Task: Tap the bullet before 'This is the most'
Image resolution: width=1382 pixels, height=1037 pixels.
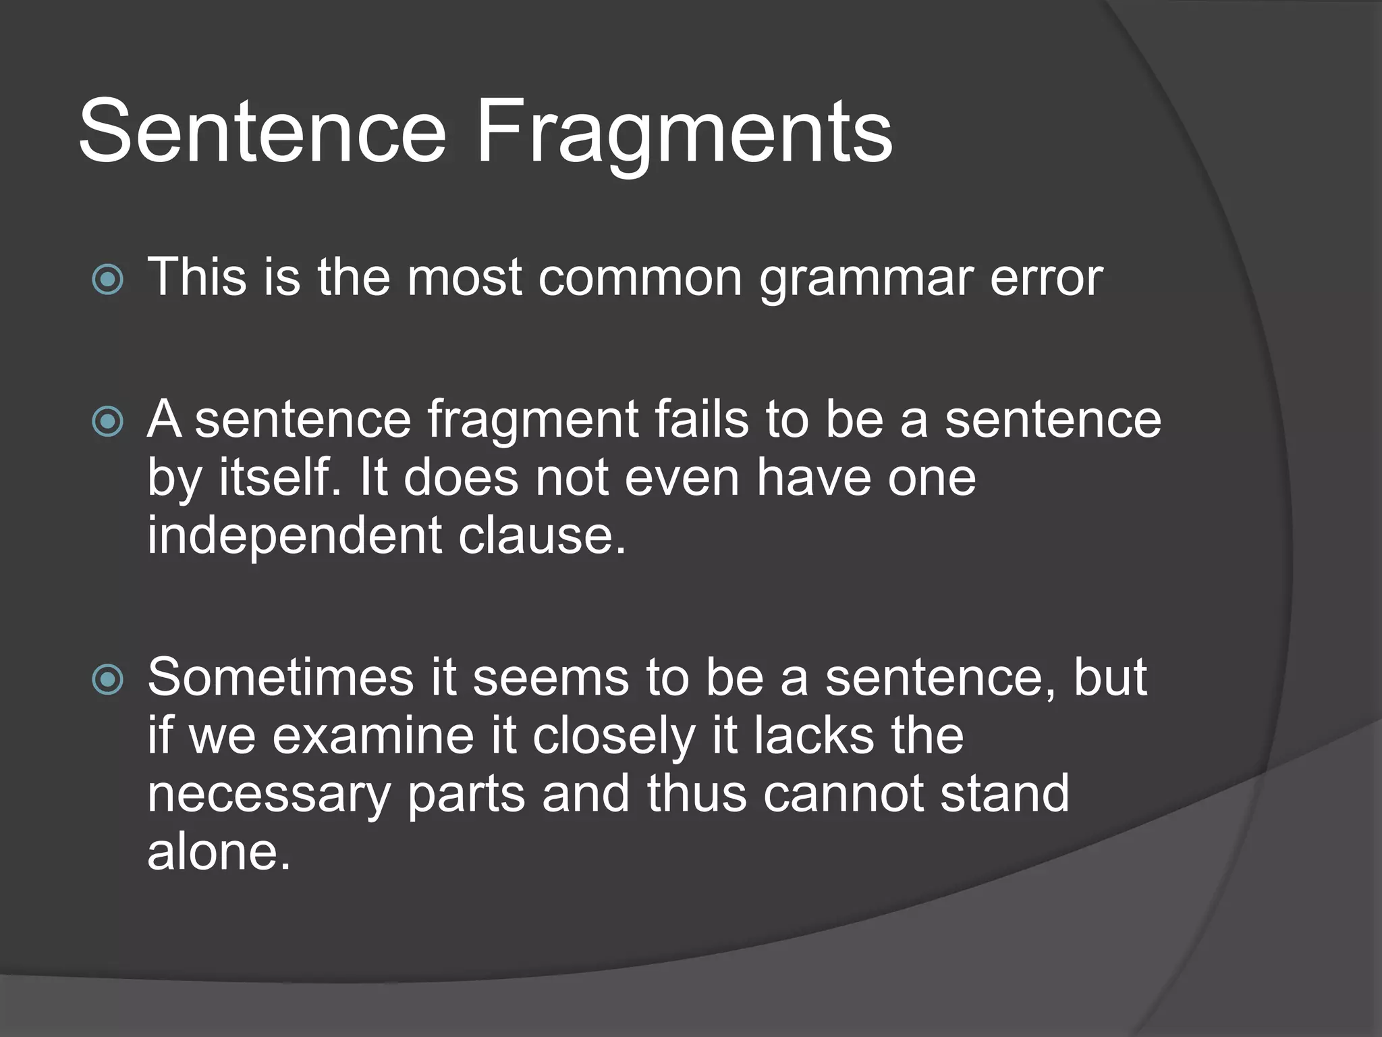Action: (107, 279)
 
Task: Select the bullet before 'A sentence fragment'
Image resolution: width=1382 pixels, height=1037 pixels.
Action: (107, 422)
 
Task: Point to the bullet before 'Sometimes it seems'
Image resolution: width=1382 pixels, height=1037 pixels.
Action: (107, 679)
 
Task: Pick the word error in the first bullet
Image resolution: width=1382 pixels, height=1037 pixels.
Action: (1046, 278)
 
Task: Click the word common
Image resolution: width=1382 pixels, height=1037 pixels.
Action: (640, 278)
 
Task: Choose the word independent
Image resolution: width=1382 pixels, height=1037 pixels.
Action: (294, 535)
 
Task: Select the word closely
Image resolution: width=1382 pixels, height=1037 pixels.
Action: (613, 737)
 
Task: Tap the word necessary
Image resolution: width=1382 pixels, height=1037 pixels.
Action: (269, 795)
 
